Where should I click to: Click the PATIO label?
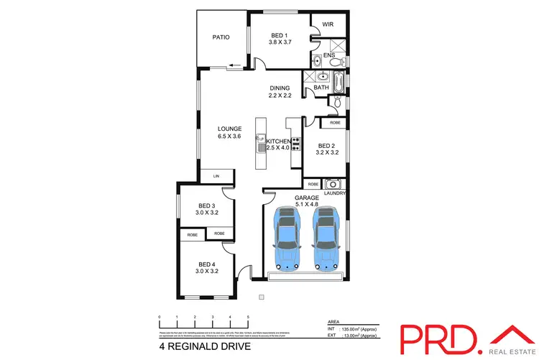(x=220, y=37)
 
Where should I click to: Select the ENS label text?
(x=329, y=55)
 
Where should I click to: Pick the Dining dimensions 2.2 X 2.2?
(x=280, y=96)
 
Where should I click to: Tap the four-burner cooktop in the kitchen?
(x=295, y=144)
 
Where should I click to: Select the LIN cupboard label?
(x=216, y=175)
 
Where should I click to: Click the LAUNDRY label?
(x=336, y=193)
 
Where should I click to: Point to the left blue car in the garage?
(x=288, y=236)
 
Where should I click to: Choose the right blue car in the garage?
(x=326, y=236)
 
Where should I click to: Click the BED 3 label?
(x=207, y=206)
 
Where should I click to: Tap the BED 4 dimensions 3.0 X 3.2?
(x=207, y=271)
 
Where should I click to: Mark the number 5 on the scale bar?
(x=248, y=317)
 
